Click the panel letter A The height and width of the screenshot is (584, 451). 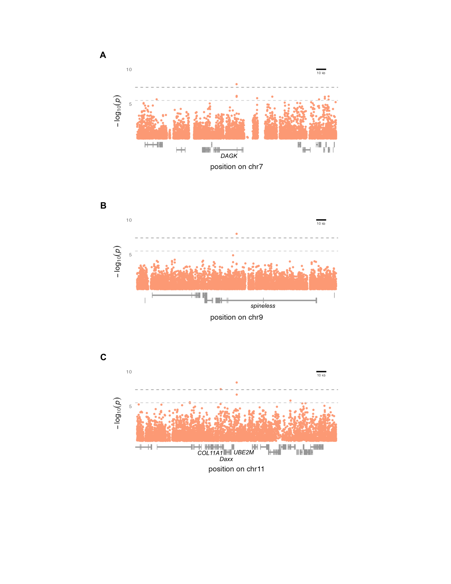point(103,55)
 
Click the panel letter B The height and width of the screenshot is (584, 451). point(103,206)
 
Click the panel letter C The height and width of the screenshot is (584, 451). point(103,357)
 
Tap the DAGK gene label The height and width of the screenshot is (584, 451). point(229,156)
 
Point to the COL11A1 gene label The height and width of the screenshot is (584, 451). point(210,453)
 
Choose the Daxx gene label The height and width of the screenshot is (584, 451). point(226,459)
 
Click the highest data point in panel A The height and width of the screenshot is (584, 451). point(236,84)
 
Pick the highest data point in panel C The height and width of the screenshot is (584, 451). point(236,383)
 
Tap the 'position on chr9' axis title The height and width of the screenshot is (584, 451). point(236,317)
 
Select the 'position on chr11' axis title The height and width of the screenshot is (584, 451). point(236,469)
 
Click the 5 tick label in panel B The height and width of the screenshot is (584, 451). point(130,255)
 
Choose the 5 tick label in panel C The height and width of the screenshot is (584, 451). point(130,406)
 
